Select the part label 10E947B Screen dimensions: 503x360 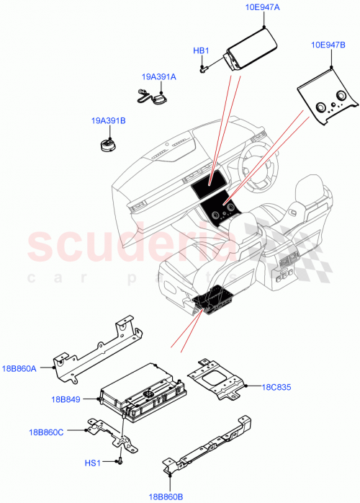click(329, 44)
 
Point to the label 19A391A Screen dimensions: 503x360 click(158, 76)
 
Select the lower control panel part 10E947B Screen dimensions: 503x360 click(328, 100)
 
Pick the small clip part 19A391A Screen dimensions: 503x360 click(152, 94)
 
